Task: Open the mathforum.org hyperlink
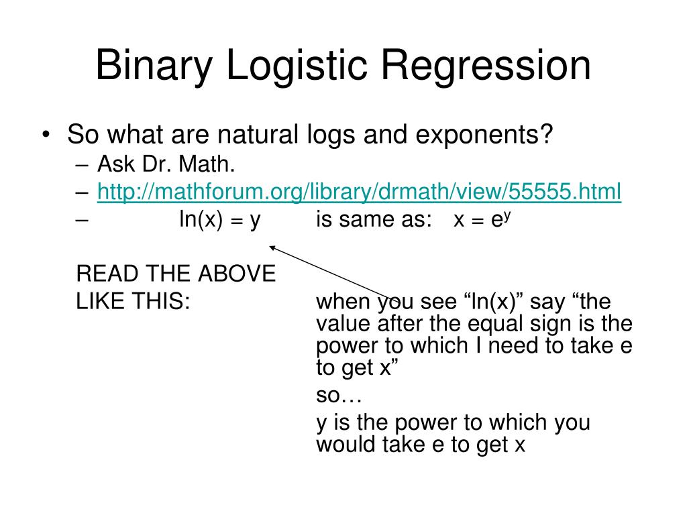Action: pyautogui.click(x=359, y=192)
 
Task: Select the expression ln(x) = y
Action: pyautogui.click(x=219, y=220)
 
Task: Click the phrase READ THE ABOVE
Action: pyautogui.click(x=176, y=274)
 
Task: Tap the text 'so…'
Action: pyautogui.click(x=339, y=396)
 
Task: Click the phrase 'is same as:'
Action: pyautogui.click(x=374, y=220)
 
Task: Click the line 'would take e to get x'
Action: pyautogui.click(x=420, y=444)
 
